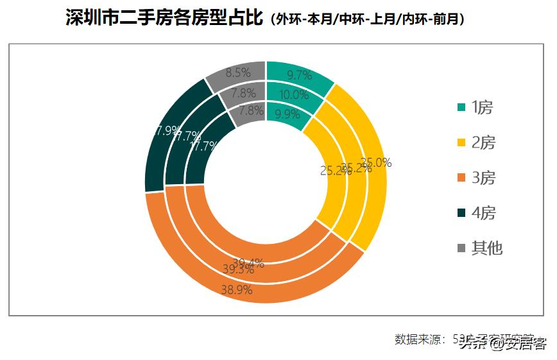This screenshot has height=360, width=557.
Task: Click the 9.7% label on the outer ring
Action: (x=300, y=75)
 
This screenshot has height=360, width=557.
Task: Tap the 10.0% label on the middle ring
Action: (x=295, y=94)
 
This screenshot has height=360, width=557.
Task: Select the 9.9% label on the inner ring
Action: (x=287, y=114)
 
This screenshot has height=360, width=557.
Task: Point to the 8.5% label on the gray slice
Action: (x=237, y=73)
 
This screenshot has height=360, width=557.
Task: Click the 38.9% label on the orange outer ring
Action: (x=236, y=289)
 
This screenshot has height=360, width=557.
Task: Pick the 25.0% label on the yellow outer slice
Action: (x=376, y=162)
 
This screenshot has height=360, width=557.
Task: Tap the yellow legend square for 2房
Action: (x=461, y=142)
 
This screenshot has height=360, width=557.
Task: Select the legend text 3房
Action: (x=483, y=178)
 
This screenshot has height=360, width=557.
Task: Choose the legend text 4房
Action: (x=483, y=212)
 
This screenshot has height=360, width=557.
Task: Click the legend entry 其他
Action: (x=487, y=248)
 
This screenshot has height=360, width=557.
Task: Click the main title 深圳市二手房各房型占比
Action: (x=165, y=18)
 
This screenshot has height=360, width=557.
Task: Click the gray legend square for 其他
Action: (x=461, y=248)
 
